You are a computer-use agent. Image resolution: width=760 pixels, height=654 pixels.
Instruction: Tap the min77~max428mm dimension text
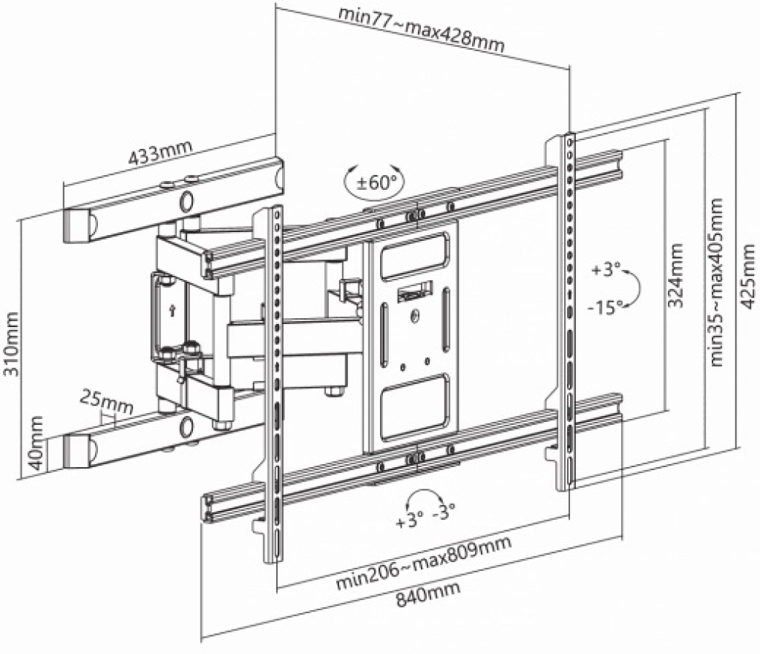point(422,29)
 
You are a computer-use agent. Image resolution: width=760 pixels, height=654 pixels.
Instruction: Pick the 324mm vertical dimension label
point(675,275)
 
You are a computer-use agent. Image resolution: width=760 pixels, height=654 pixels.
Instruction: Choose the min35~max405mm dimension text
point(716,283)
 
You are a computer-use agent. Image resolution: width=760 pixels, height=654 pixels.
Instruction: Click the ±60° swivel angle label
point(376,182)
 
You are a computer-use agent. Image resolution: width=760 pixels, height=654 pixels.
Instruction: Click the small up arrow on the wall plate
point(171,310)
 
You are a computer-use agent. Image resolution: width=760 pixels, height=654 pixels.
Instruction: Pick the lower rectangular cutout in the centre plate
point(414,406)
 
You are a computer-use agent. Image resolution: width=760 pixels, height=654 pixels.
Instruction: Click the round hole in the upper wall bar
point(186,202)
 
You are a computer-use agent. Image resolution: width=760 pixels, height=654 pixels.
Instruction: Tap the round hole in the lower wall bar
point(186,425)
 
